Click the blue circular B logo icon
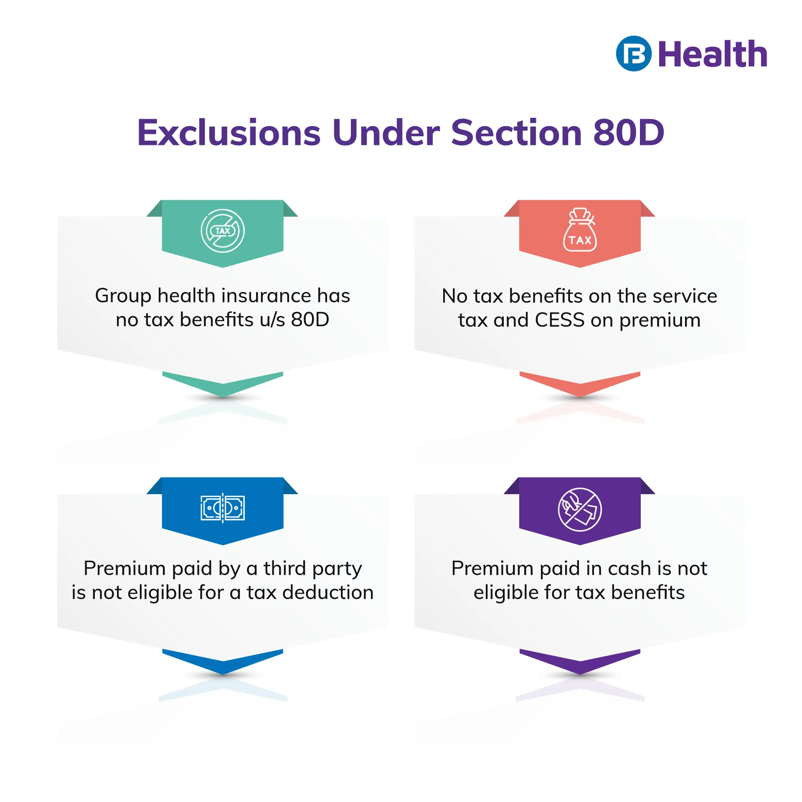(x=634, y=53)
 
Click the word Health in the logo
(x=713, y=54)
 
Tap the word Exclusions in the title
(x=229, y=132)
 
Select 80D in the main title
(x=629, y=132)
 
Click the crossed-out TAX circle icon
(x=223, y=231)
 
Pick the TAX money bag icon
(x=580, y=230)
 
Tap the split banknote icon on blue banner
(x=223, y=508)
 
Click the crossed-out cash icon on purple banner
(x=580, y=510)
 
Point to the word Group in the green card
(x=123, y=297)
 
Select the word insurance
(x=266, y=296)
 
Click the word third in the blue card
(x=284, y=568)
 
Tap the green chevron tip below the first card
(x=223, y=396)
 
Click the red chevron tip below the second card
(x=580, y=396)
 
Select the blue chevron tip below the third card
(x=223, y=674)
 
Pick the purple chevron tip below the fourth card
(x=580, y=674)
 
